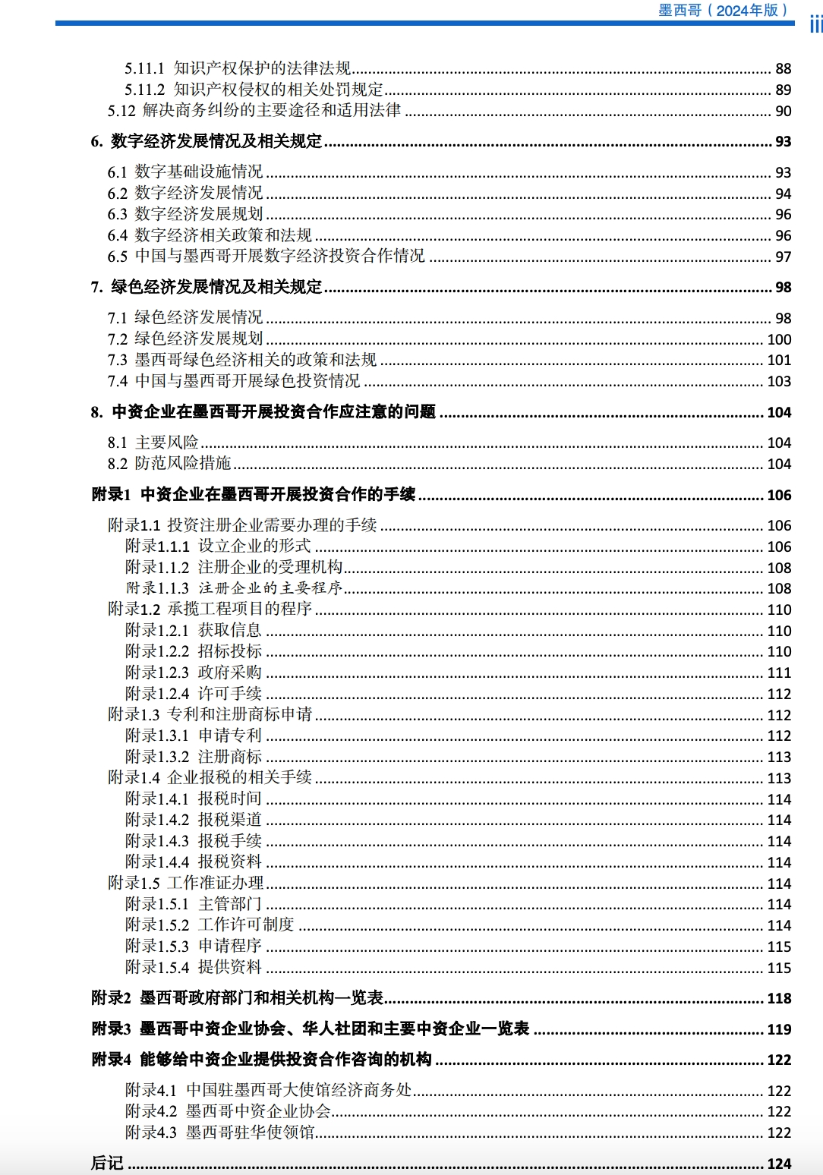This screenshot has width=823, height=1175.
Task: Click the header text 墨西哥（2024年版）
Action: (723, 10)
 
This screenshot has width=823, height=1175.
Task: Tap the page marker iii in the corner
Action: (815, 24)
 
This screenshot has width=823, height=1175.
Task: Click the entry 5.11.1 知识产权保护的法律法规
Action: (238, 68)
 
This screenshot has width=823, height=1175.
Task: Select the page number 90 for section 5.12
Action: (783, 111)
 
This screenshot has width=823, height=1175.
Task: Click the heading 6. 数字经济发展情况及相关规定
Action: (207, 141)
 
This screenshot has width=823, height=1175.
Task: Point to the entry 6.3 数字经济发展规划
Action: (185, 214)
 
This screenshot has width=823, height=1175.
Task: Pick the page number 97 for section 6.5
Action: (783, 257)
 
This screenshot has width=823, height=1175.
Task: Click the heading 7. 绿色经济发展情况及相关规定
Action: (207, 287)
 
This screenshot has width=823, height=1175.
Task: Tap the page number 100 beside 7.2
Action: (779, 339)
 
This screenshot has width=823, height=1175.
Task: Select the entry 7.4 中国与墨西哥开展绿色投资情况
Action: (234, 381)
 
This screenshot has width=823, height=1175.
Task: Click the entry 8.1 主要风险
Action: (153, 443)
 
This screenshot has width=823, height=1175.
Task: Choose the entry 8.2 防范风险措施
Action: (169, 463)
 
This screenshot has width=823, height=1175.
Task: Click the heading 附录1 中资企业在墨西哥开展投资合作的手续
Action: (254, 495)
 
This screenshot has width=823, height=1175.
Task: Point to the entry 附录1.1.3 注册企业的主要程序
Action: (234, 588)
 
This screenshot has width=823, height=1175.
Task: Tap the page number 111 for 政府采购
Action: (779, 673)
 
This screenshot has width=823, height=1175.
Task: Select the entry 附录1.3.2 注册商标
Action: (194, 757)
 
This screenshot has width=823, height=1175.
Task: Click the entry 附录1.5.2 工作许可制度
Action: (210, 925)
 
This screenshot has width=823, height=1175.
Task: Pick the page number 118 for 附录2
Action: (779, 998)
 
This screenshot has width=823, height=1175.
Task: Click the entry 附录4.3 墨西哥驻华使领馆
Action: (219, 1132)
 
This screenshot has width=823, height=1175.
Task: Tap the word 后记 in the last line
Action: (107, 1163)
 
